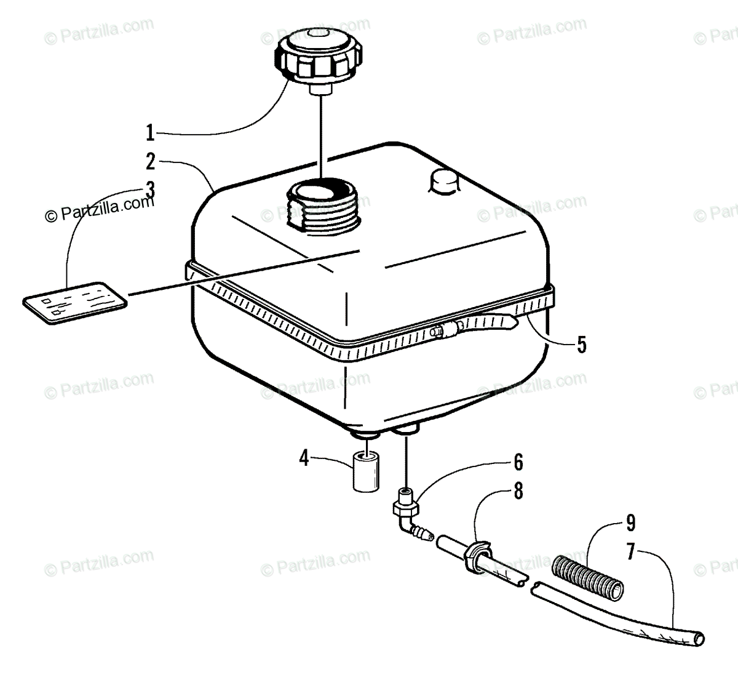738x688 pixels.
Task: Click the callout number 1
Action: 149,132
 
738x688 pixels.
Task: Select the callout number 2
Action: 151,162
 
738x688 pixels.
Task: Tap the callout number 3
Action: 150,190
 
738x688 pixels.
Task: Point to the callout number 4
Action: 303,458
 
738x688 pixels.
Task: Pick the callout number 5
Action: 581,344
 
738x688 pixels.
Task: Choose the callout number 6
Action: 518,461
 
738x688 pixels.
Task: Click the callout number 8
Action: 518,490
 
